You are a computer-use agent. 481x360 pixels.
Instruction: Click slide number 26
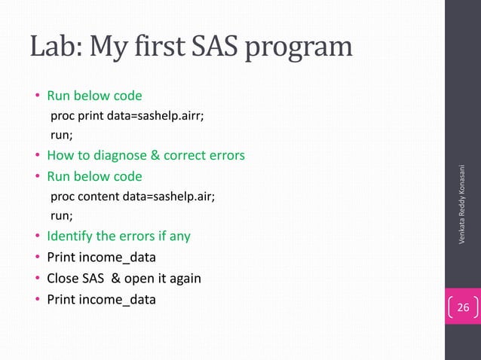[x=462, y=307]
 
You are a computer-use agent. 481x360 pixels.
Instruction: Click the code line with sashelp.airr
[x=127, y=117]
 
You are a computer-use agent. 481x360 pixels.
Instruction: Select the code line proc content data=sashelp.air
[x=132, y=197]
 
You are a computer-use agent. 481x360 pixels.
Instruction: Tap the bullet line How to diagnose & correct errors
[x=146, y=157]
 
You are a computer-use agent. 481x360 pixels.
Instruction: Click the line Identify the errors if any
[x=118, y=236]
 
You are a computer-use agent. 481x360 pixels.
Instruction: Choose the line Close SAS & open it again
[x=124, y=278]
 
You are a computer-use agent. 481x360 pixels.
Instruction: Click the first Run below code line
[x=94, y=96]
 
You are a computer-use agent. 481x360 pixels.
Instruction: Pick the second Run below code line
[x=94, y=177]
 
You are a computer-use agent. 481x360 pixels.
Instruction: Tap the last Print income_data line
[x=101, y=299]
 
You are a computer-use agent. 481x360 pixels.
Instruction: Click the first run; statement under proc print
[x=61, y=137]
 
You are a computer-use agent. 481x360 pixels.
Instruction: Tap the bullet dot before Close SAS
[x=37, y=279]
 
